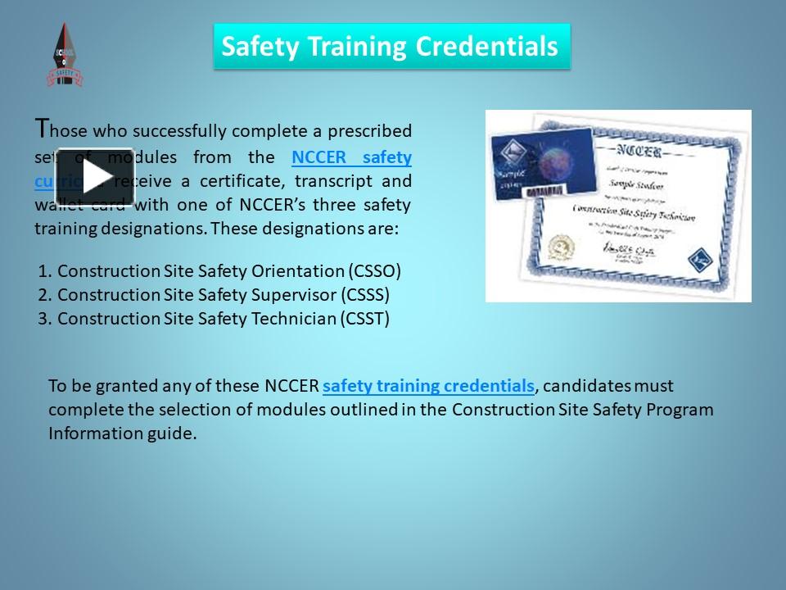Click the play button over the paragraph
tap(94, 175)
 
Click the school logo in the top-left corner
tap(65, 54)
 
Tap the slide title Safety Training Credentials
tap(391, 46)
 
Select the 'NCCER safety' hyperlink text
tap(351, 157)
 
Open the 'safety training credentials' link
tap(428, 385)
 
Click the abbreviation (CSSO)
tap(375, 270)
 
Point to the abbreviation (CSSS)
tap(364, 294)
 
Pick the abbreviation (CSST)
tap(364, 318)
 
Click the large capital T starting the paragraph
tap(43, 128)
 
